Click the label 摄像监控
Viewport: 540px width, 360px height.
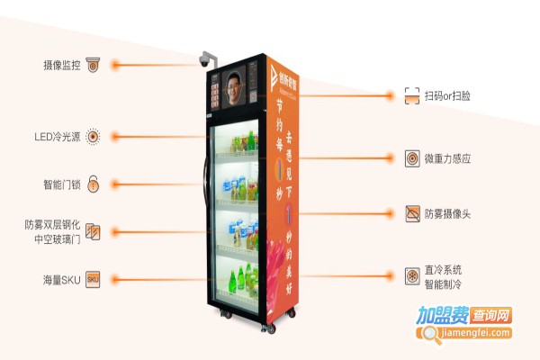coord(61,65)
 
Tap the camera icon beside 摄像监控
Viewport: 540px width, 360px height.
coord(93,65)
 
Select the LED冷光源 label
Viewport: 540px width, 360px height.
coord(56,138)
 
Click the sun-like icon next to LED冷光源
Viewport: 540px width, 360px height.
coord(93,138)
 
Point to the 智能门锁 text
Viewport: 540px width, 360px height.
coord(62,184)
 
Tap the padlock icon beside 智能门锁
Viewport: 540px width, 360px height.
coord(93,184)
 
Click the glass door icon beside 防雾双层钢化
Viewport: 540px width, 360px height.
coord(93,232)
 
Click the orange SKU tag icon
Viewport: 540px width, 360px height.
coord(93,279)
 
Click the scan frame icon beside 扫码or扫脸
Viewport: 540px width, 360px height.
coord(412,94)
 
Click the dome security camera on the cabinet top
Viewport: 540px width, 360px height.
coord(206,61)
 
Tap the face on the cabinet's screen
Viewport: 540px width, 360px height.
coord(237,92)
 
